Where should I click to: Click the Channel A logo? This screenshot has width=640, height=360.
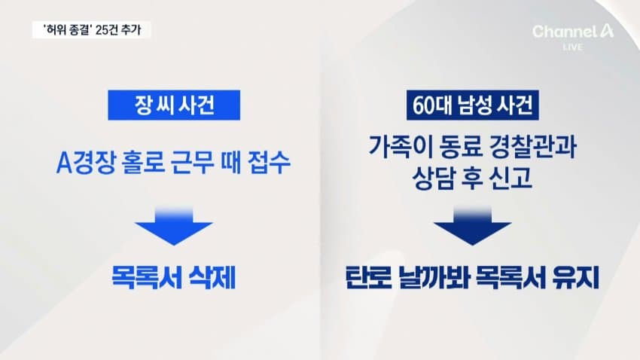(x=573, y=32)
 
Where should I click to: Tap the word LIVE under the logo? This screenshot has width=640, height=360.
(x=573, y=47)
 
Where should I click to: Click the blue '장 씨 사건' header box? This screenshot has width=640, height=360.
(x=174, y=105)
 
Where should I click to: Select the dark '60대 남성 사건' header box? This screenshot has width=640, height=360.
(x=472, y=105)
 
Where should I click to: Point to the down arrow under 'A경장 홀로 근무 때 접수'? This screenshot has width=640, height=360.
(x=174, y=226)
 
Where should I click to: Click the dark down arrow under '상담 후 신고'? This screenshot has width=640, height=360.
(x=472, y=226)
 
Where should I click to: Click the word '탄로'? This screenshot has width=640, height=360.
(x=367, y=278)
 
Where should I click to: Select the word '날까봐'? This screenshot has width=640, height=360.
(x=433, y=278)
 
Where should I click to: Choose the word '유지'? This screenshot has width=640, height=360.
(x=576, y=278)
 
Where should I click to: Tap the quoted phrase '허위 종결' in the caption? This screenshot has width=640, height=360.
(x=66, y=30)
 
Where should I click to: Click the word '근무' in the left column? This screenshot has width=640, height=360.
(x=192, y=162)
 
